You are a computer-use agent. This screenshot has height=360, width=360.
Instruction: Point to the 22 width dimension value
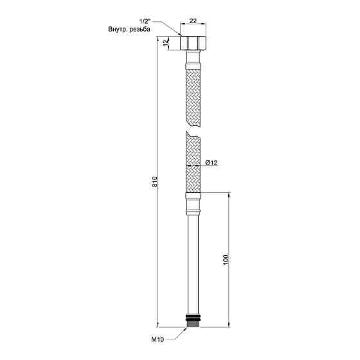[x=193, y=22]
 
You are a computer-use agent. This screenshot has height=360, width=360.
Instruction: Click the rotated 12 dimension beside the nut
[x=166, y=44]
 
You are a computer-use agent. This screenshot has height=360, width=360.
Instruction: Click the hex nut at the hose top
[x=193, y=44]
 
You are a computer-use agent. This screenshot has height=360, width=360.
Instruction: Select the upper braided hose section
[x=193, y=96]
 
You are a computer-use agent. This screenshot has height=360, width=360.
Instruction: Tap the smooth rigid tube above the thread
[x=193, y=264]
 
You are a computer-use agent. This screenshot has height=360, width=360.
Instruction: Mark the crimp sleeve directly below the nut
[x=193, y=61]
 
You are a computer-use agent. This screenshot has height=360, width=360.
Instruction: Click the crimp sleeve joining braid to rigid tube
[x=193, y=204]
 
